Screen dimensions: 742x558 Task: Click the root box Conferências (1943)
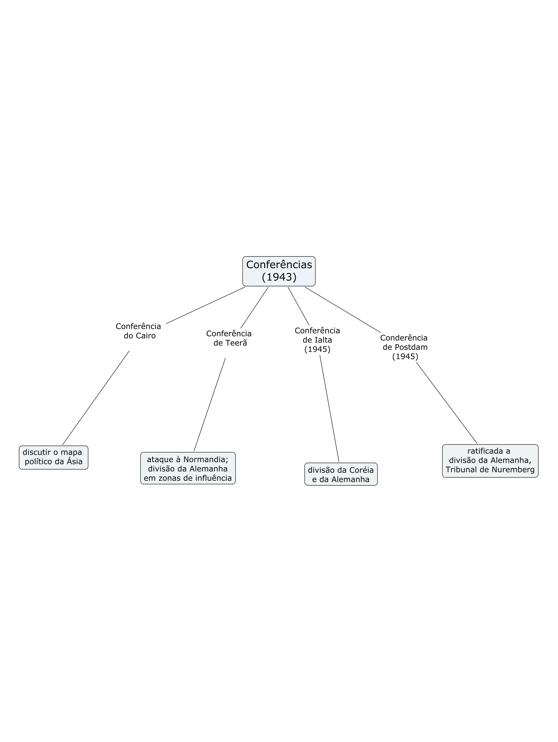pyautogui.click(x=279, y=271)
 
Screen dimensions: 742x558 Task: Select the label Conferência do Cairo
pyautogui.click(x=138, y=331)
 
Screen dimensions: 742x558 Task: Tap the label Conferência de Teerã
pyautogui.click(x=229, y=338)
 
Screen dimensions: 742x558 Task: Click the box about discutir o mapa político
pyautogui.click(x=53, y=457)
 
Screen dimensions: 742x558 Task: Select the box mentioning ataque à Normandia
pyautogui.click(x=188, y=468)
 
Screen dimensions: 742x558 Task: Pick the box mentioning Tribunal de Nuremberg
pyautogui.click(x=490, y=461)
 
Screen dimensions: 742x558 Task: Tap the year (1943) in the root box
pyautogui.click(x=279, y=277)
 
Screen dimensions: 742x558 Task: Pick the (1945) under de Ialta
pyautogui.click(x=317, y=349)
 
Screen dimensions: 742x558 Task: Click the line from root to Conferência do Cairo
pyautogui.click(x=205, y=305)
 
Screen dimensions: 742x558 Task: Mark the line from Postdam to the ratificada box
pyautogui.click(x=446, y=402)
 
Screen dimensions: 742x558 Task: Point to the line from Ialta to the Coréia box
pyautogui.click(x=329, y=408)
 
